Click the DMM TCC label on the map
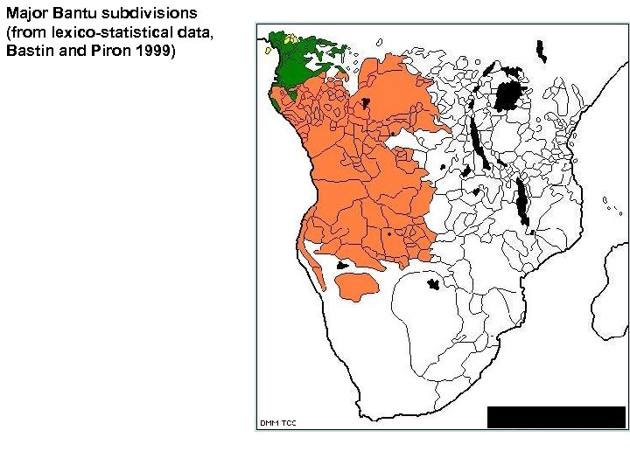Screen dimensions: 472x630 click(x=278, y=423)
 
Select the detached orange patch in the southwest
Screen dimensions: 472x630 click(x=354, y=284)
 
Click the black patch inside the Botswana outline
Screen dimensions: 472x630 click(x=433, y=283)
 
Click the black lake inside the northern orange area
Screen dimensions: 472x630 click(x=366, y=104)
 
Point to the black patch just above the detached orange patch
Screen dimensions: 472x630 click(x=343, y=263)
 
